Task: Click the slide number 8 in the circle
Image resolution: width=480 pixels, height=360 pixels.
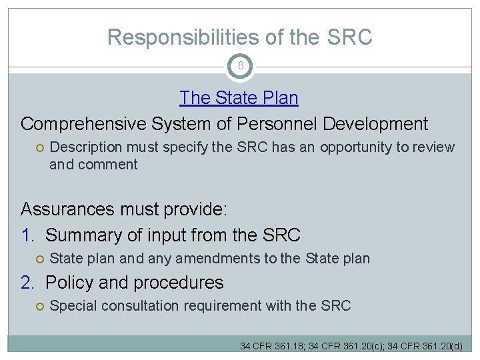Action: coord(240,66)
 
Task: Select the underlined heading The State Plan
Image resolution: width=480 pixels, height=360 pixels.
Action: coord(239,98)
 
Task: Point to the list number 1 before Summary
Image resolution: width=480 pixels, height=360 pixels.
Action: coord(27,235)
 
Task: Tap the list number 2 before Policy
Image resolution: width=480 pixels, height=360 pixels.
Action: coord(27,283)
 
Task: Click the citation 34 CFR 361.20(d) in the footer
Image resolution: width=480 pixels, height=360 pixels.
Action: coord(431,346)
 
